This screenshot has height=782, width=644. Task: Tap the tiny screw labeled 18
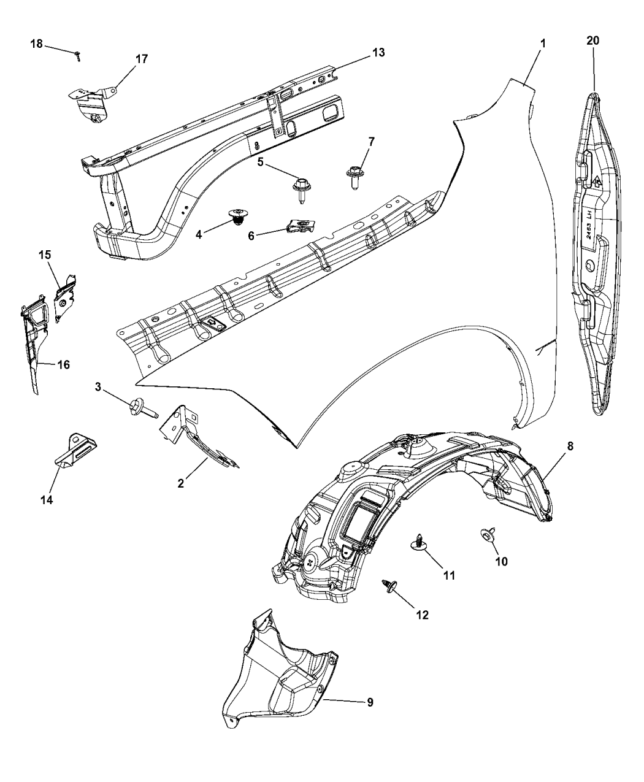tap(79, 57)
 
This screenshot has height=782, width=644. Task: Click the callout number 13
tap(378, 53)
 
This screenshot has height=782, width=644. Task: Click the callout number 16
tap(63, 365)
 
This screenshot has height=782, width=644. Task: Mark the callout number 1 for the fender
tap(542, 45)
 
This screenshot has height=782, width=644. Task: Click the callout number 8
tap(570, 447)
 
